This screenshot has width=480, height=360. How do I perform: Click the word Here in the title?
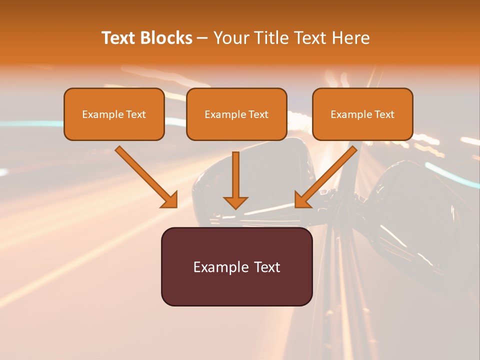[350, 37]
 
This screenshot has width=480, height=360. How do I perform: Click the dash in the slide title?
[202, 38]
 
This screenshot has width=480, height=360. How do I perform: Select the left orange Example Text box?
[114, 114]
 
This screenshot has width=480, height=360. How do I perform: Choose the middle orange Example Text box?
[236, 114]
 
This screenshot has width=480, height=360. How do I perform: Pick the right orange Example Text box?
[363, 114]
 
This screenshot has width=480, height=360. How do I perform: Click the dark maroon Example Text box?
[237, 266]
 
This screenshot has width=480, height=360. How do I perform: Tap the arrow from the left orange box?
[146, 176]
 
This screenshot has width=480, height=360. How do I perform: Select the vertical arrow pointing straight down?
[235, 180]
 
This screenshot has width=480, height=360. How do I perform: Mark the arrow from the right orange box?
[325, 176]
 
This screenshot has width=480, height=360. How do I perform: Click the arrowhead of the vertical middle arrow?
[235, 203]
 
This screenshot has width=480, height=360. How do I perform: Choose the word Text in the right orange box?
[384, 114]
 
